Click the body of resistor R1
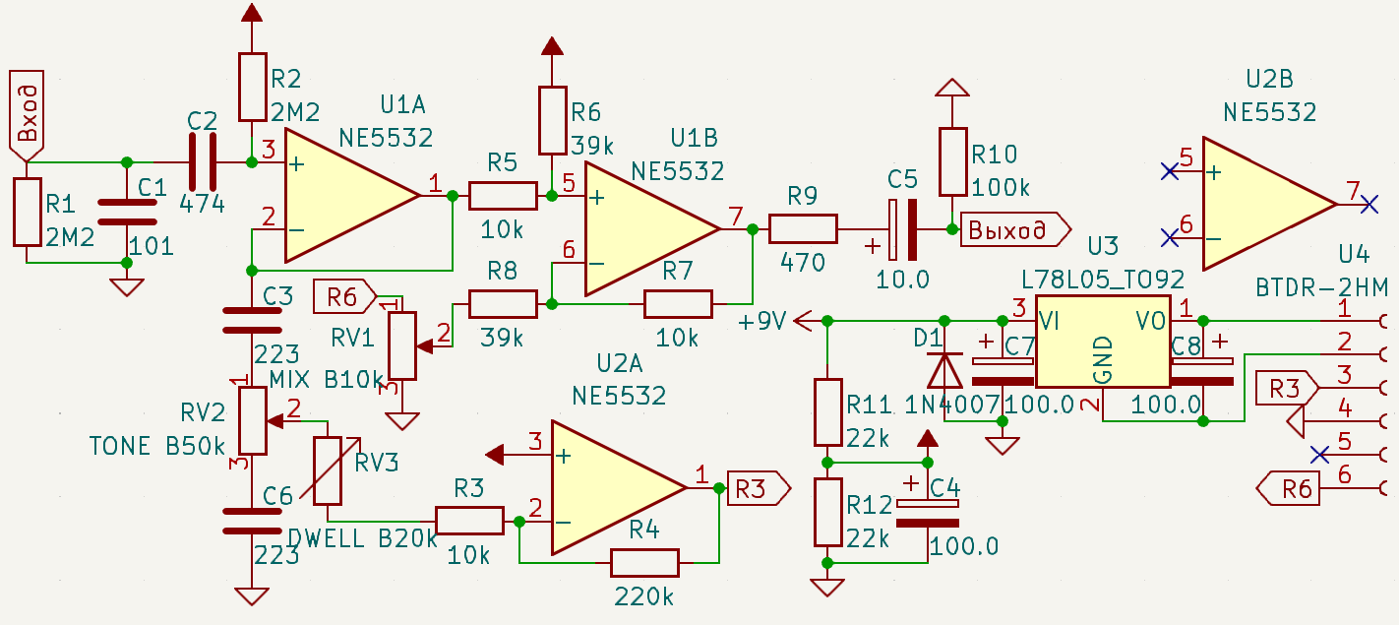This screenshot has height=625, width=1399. tap(28, 212)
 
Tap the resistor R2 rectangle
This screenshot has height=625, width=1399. tap(252, 87)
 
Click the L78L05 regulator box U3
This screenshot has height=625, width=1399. tap(1103, 342)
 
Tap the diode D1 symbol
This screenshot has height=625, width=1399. tap(944, 371)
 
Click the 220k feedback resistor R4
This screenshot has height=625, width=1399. tap(644, 563)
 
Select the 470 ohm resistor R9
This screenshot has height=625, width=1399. tap(803, 228)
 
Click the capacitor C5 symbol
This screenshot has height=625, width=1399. tap(903, 229)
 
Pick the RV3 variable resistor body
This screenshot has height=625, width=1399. tap(328, 470)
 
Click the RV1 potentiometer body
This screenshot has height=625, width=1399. tap(402, 345)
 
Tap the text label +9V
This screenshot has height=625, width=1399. tap(761, 321)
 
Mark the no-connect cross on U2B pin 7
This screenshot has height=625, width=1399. tap(1369, 204)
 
